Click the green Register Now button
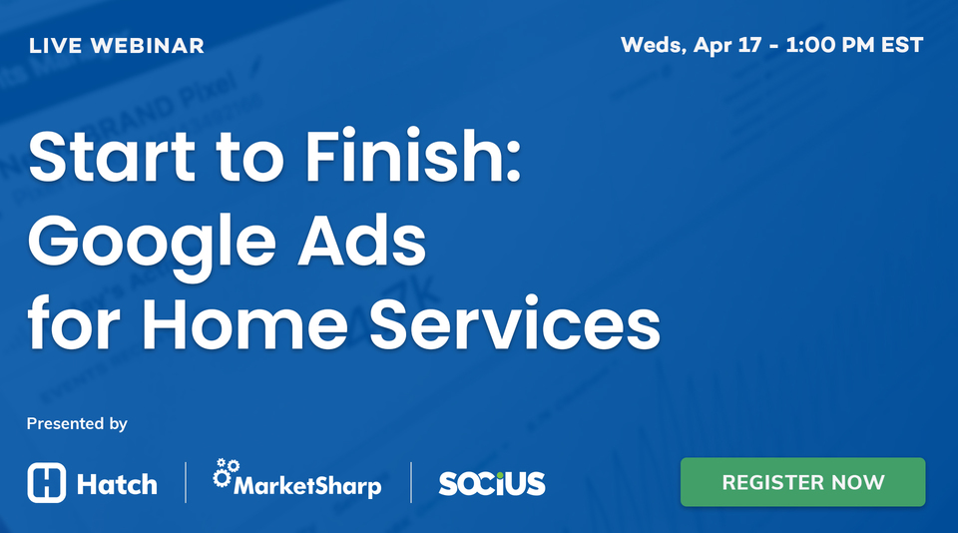point(802,482)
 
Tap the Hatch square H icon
point(46,483)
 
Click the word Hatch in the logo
point(117,485)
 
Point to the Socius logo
point(492,484)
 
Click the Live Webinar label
point(117,46)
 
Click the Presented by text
point(77,424)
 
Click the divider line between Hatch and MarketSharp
point(186,483)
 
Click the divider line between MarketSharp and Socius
point(411,483)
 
